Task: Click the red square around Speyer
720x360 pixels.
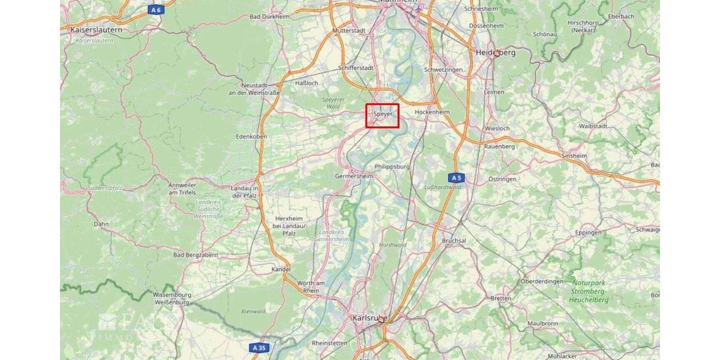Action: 383,115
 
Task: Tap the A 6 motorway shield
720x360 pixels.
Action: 156,10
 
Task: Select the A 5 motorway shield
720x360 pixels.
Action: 457,178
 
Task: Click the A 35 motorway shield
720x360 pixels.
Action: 259,347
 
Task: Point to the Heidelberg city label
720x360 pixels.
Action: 495,53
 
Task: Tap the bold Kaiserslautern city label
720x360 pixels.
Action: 96,29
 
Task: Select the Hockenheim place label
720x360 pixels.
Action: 432,112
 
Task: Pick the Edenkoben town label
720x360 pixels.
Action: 251,136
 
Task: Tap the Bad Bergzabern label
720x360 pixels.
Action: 196,255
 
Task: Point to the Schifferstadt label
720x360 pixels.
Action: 356,68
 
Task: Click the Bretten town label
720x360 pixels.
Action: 501,298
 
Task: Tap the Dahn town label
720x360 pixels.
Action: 101,224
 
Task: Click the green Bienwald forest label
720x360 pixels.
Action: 253,311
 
